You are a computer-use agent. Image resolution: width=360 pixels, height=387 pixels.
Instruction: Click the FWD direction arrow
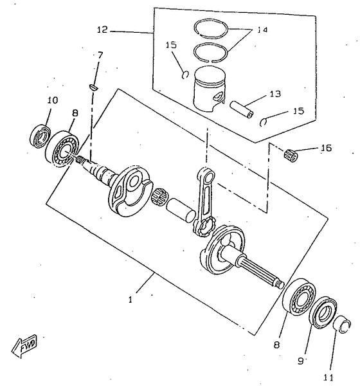24,346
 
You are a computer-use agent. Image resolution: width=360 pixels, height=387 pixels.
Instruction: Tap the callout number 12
102,30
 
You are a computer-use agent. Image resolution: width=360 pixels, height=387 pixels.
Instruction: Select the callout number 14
262,30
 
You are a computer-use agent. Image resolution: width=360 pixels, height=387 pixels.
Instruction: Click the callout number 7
100,55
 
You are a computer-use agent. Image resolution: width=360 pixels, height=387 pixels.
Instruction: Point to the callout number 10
53,100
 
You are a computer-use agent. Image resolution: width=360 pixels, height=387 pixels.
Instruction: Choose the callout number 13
275,94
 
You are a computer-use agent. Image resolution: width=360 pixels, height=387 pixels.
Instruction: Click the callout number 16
326,148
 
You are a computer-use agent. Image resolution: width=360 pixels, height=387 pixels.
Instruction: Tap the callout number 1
130,300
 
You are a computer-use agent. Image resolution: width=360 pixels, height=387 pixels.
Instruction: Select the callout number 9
300,361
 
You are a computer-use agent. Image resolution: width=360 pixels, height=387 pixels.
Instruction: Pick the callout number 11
328,377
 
